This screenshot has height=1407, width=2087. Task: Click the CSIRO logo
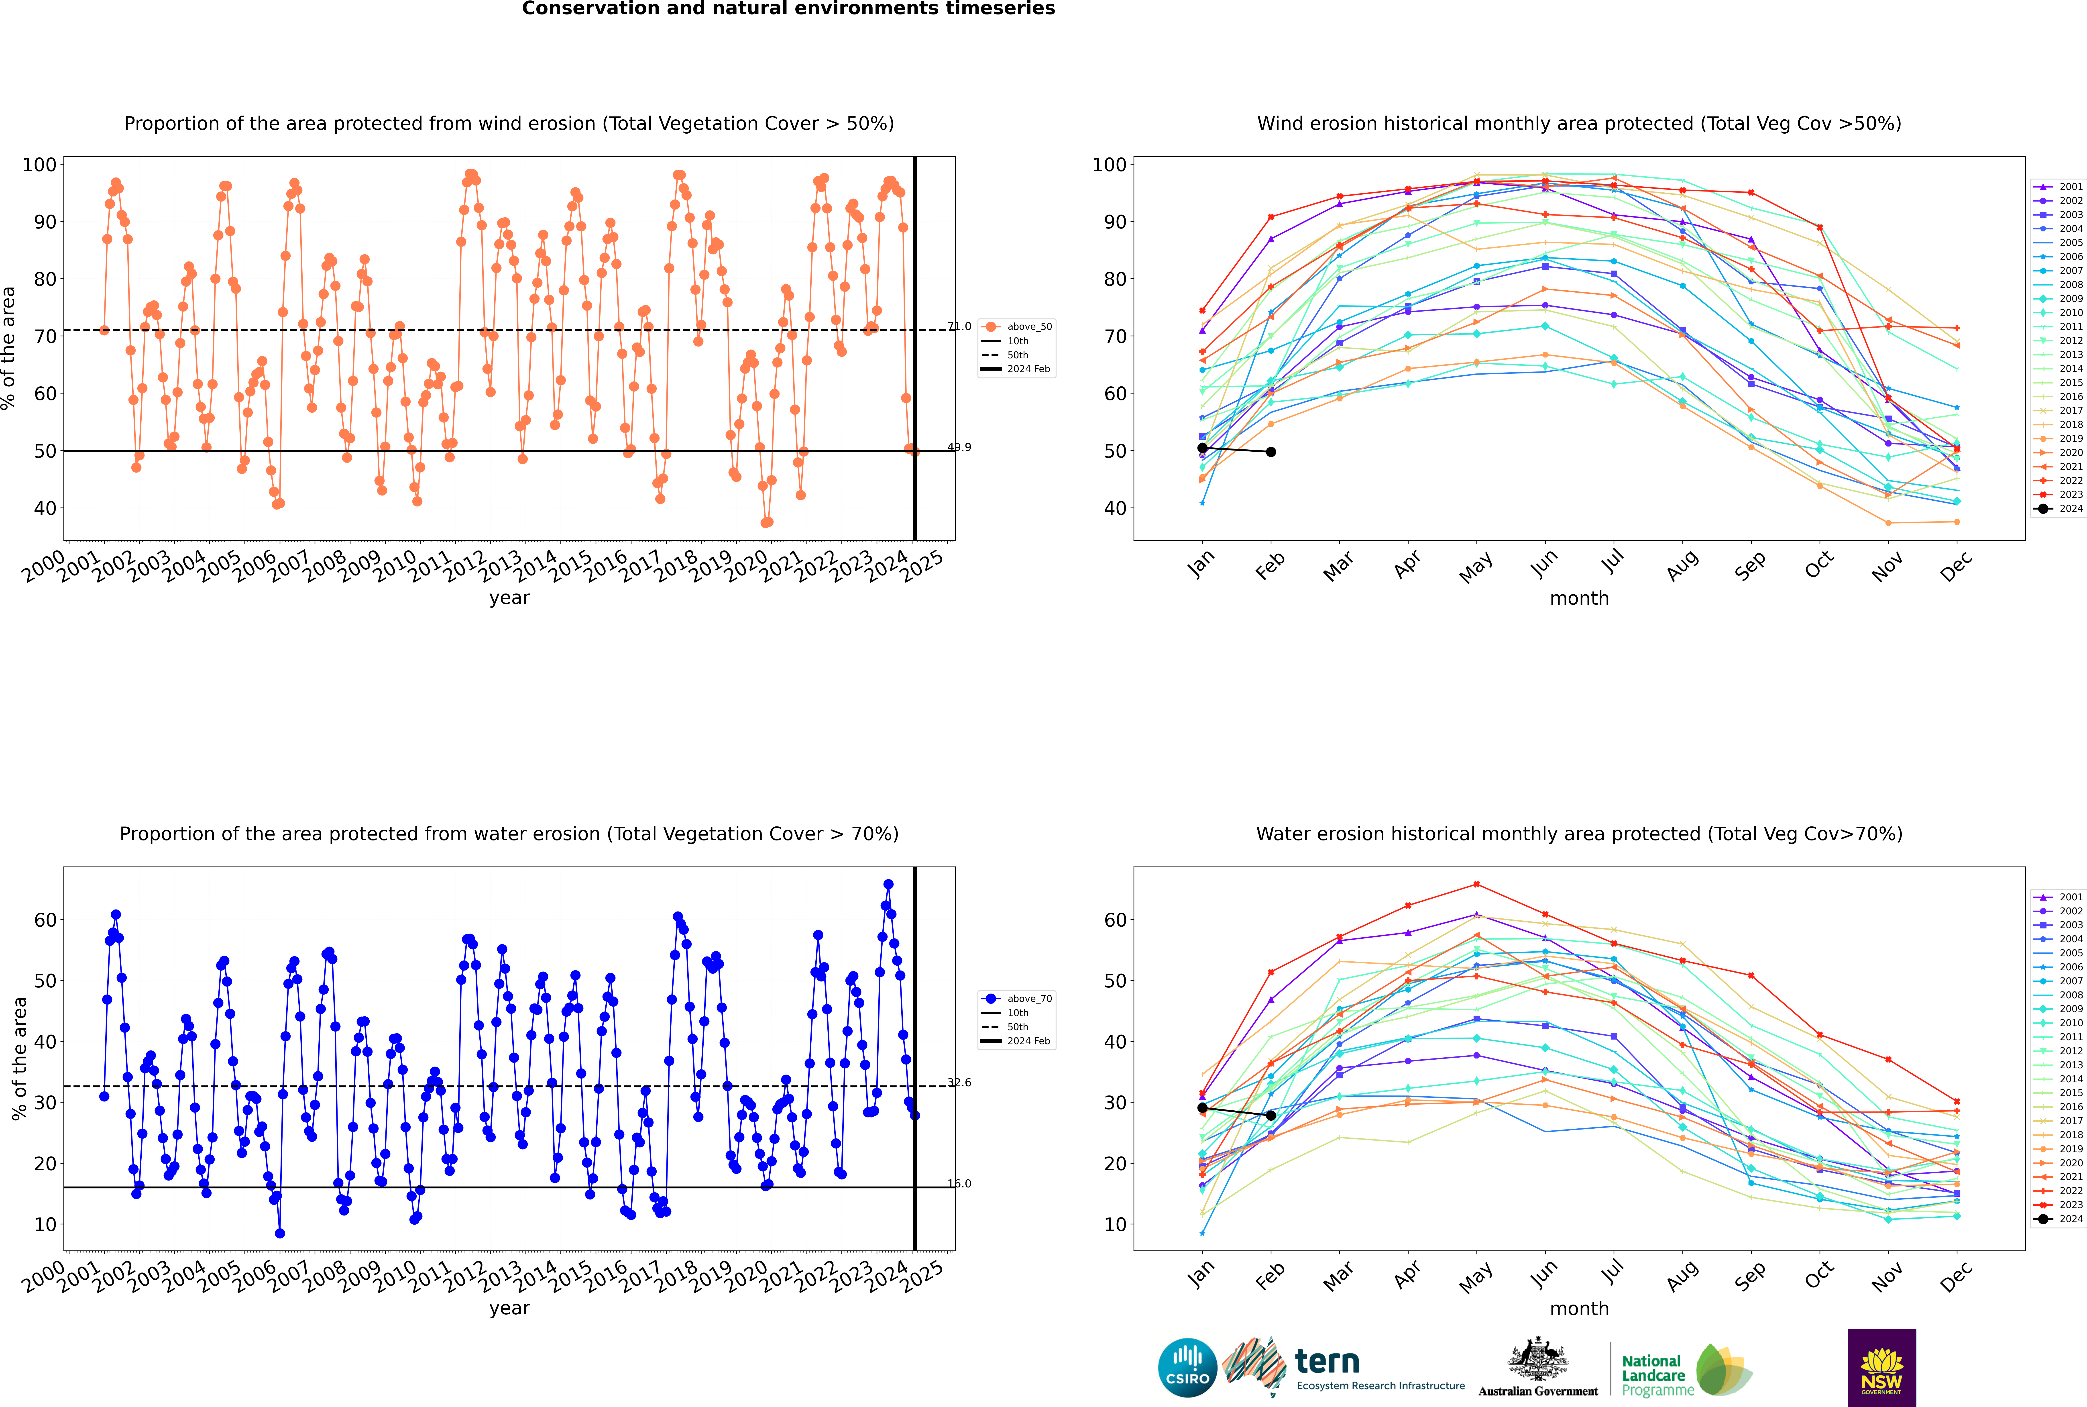click(x=1187, y=1368)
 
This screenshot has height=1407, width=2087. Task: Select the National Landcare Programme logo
click(x=1685, y=1370)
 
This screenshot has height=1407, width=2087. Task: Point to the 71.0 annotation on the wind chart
click(x=959, y=327)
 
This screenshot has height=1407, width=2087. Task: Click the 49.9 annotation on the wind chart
click(x=959, y=447)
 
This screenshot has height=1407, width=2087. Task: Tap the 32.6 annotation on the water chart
click(x=959, y=1082)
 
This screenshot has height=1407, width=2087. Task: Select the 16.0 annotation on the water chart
click(x=959, y=1184)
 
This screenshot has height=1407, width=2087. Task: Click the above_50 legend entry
click(x=1028, y=327)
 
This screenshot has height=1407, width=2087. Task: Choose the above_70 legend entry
click(x=1028, y=999)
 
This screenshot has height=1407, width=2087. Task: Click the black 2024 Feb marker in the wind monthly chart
click(x=1271, y=452)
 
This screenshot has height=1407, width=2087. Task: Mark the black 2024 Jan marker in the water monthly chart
click(x=1202, y=1108)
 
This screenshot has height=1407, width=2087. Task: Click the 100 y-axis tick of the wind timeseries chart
click(x=39, y=165)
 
